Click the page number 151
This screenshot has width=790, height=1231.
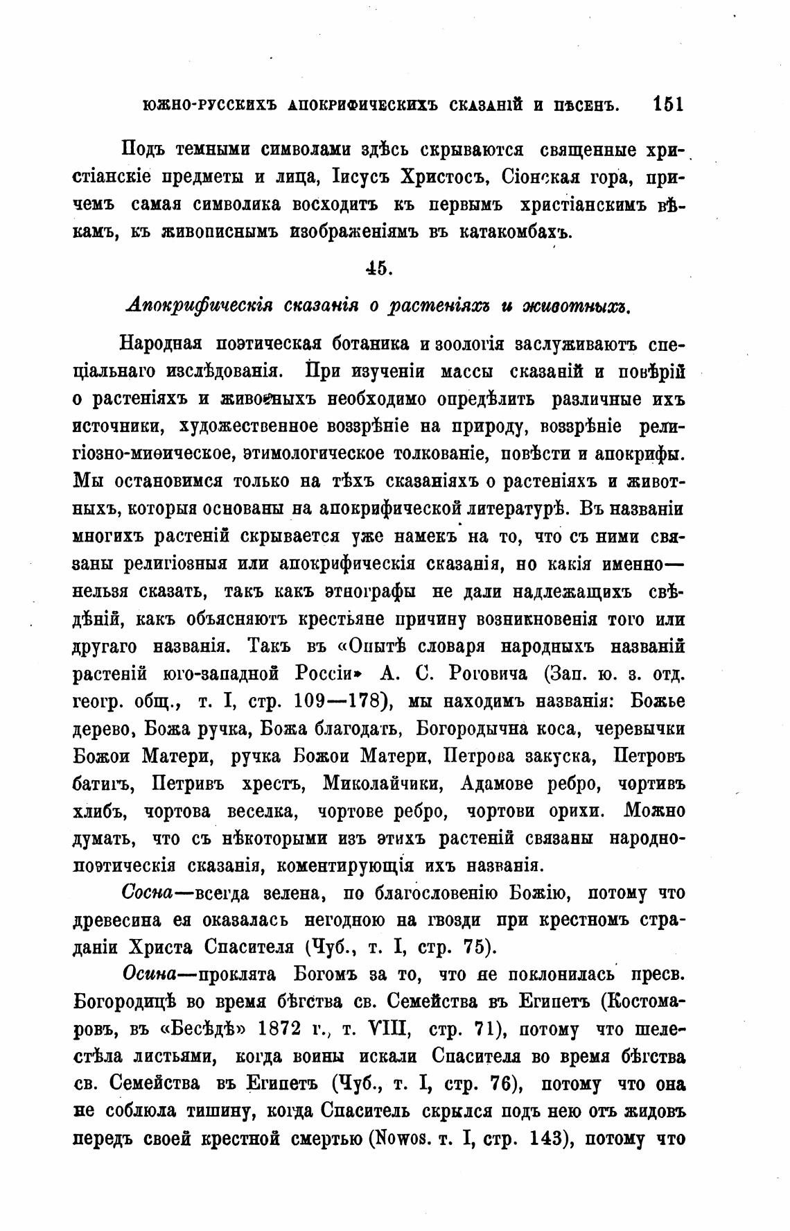[x=667, y=104]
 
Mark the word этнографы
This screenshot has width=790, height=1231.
[x=371, y=592]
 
